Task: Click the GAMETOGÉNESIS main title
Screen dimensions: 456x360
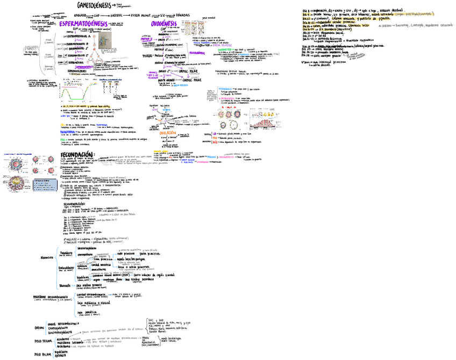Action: tap(89, 5)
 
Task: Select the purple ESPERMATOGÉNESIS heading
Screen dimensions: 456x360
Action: tap(82, 25)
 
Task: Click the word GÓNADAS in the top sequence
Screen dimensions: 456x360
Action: tap(183, 16)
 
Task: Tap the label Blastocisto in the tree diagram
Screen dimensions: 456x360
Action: tap(47, 257)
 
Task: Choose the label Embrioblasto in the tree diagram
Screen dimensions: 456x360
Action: tap(66, 267)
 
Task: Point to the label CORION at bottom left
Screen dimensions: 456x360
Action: tap(39, 327)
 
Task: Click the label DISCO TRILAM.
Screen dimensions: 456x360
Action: tap(44, 341)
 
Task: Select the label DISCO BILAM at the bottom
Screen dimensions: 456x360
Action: tap(43, 354)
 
